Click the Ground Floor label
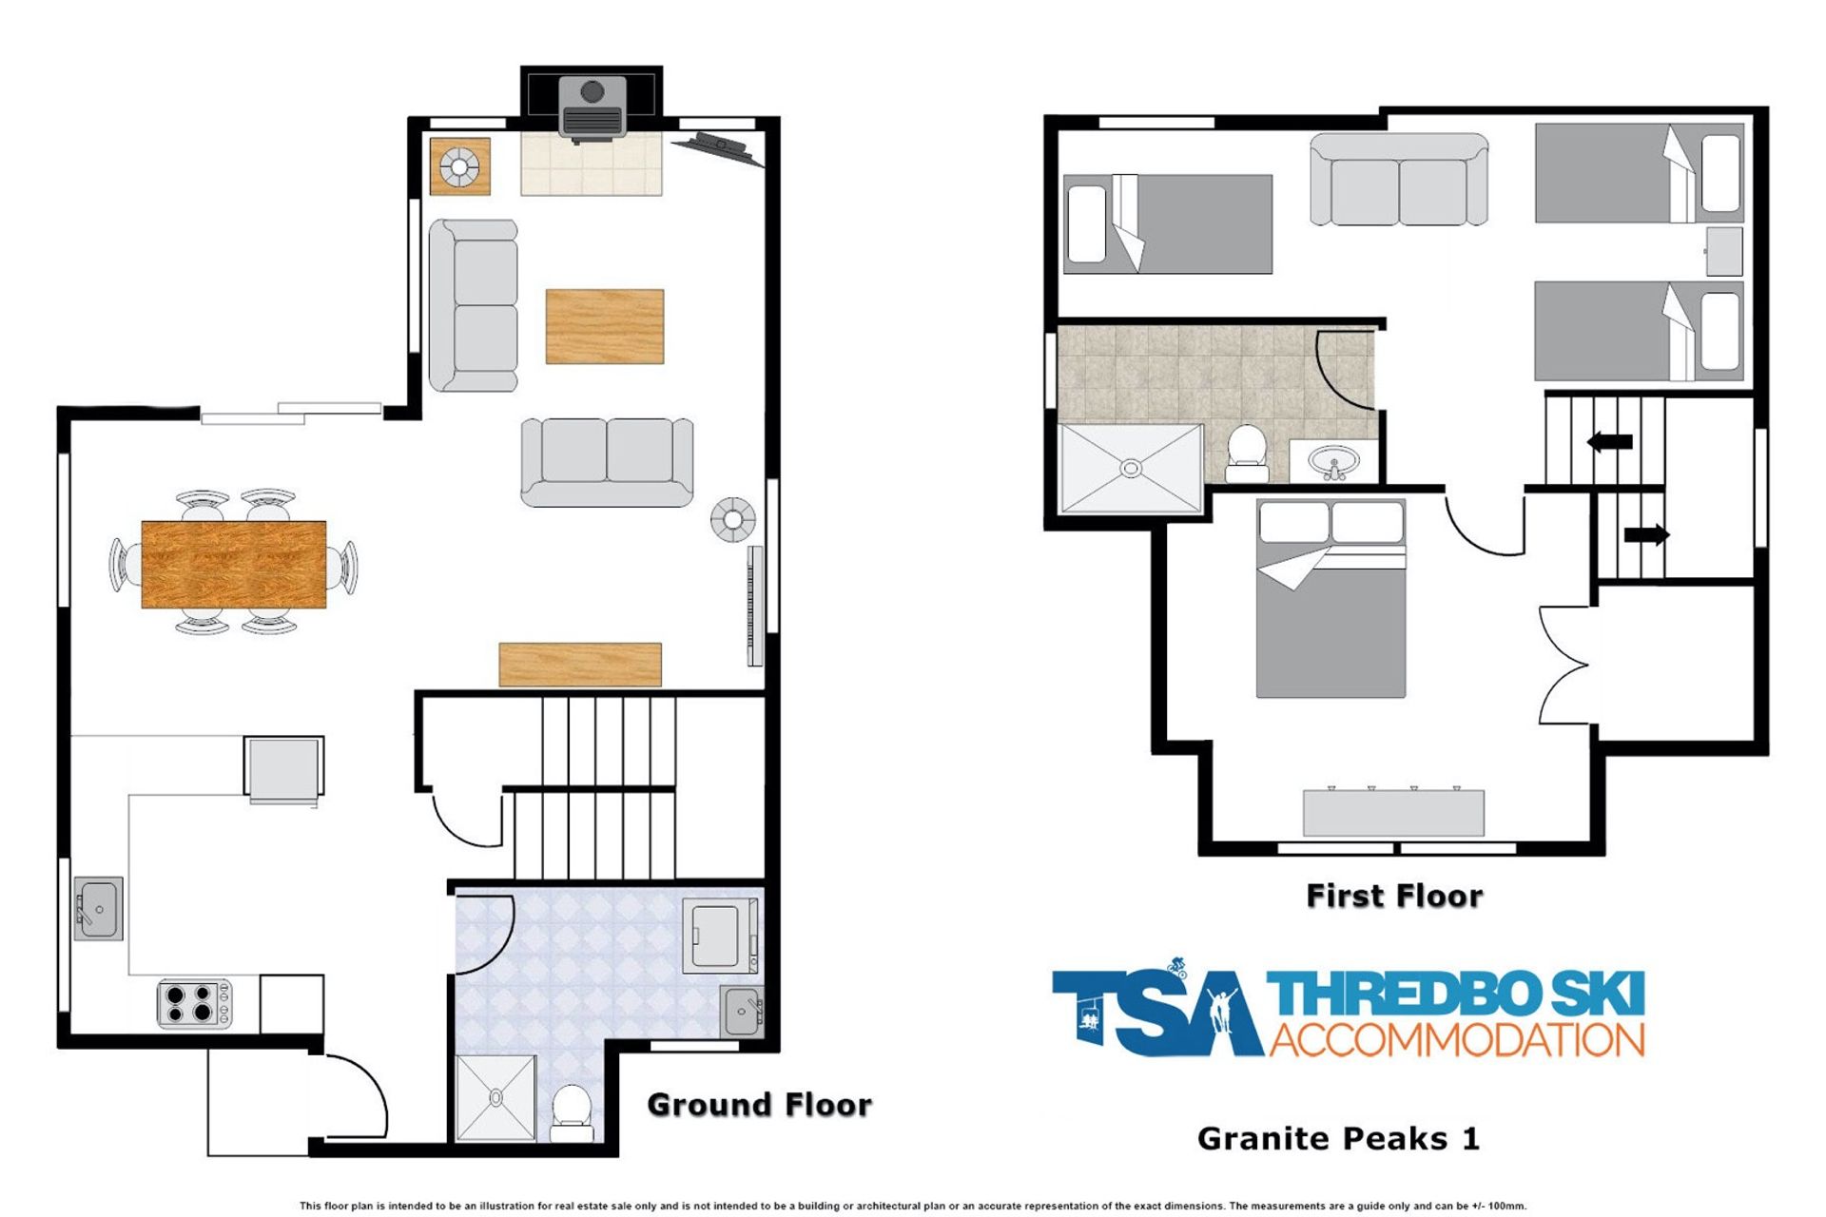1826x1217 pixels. tap(759, 1105)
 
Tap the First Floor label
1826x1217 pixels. tap(1394, 896)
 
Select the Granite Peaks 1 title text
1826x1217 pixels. tap(1338, 1138)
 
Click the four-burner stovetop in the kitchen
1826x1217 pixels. tap(194, 1003)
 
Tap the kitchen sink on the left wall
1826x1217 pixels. tap(99, 908)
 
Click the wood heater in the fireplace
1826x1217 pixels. tap(592, 107)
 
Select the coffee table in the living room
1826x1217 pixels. tap(604, 326)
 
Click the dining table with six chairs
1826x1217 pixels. tap(234, 563)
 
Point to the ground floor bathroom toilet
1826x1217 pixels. tap(573, 1113)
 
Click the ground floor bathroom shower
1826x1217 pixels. tap(495, 1098)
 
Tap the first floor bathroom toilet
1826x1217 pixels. tap(1246, 454)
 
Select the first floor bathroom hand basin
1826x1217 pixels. tap(1333, 463)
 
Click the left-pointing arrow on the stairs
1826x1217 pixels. tap(1610, 441)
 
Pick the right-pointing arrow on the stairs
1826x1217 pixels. tap(1647, 534)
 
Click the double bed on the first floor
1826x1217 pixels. tap(1331, 599)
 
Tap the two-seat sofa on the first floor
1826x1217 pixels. tap(1399, 180)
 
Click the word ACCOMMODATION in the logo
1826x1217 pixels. tap(1457, 1039)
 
